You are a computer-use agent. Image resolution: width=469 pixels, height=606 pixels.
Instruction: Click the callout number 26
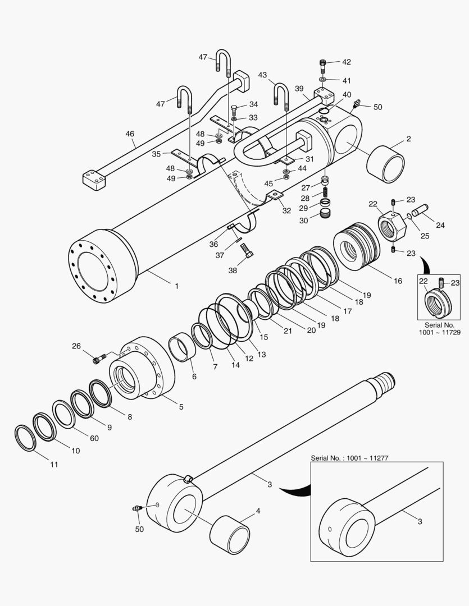coord(76,346)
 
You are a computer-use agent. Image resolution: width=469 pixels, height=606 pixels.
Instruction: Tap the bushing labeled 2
coord(385,164)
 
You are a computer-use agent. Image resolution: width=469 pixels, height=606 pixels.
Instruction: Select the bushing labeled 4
coord(230,535)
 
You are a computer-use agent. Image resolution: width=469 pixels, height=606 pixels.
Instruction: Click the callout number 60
coord(94,438)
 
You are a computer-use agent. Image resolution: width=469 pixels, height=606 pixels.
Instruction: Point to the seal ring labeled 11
coord(25,438)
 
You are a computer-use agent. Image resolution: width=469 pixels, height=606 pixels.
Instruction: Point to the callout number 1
coord(176,286)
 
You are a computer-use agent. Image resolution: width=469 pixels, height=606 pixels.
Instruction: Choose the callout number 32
coord(286,211)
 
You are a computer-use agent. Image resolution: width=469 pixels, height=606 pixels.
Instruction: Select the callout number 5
coord(181,407)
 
